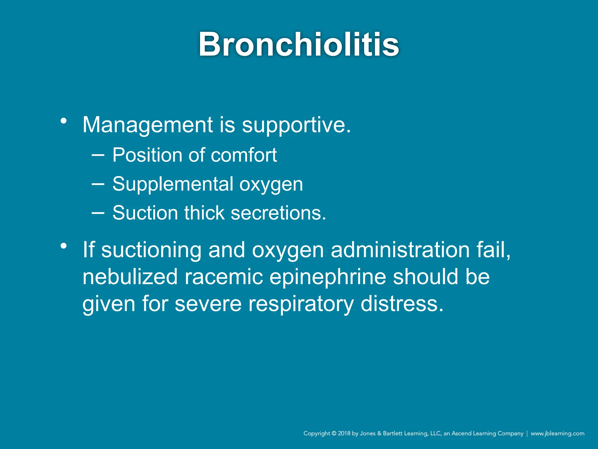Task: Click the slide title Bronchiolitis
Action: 299,44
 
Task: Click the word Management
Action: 148,125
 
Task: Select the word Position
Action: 147,155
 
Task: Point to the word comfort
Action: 244,155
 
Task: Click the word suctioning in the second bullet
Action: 151,250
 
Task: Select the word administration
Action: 400,250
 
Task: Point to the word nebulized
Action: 130,277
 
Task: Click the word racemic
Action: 224,277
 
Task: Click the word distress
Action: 402,304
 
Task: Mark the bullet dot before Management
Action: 64,120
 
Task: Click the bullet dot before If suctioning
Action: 64,246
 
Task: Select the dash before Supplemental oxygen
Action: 98,184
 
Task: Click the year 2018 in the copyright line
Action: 344,434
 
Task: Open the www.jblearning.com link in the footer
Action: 557,434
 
